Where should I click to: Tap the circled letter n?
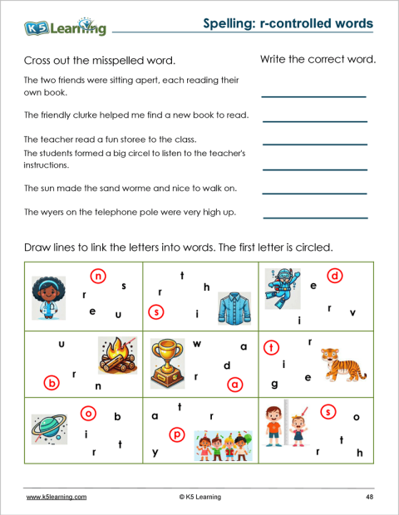[99, 276]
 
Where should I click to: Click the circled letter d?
[335, 276]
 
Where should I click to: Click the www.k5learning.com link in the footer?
[57, 497]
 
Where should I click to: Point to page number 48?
[368, 497]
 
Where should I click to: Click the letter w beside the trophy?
[197, 343]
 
